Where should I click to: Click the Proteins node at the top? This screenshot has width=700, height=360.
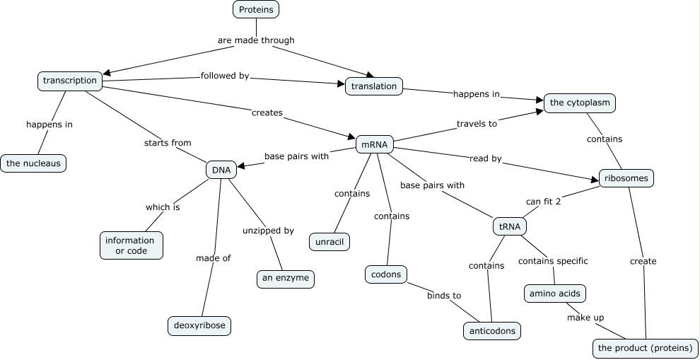click(256, 9)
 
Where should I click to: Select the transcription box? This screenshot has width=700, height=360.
click(70, 81)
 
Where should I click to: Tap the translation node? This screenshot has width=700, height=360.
click(374, 86)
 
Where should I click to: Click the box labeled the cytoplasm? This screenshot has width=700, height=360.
click(579, 103)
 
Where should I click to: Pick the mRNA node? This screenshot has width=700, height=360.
click(374, 144)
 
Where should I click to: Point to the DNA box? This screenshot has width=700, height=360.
click(221, 170)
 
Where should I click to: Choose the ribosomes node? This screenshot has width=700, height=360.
click(626, 178)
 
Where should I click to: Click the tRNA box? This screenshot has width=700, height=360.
click(509, 226)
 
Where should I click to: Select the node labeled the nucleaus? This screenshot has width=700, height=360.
click(34, 163)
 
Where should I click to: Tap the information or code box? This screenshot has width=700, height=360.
click(130, 245)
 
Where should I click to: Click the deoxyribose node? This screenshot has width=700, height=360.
click(199, 325)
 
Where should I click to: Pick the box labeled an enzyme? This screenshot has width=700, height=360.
click(285, 278)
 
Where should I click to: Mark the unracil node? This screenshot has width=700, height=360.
click(329, 241)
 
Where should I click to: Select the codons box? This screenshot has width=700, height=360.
click(386, 274)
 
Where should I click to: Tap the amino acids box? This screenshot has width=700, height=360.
click(555, 294)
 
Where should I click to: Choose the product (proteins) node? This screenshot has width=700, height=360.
click(645, 348)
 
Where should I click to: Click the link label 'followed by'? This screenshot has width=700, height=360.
click(225, 76)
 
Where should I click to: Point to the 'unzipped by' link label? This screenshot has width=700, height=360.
click(268, 231)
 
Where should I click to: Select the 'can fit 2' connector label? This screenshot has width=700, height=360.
click(543, 202)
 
